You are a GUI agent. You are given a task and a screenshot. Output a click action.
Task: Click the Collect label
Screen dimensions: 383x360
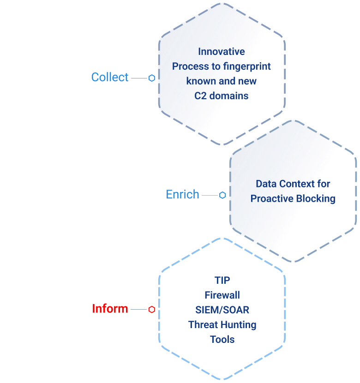[x=110, y=78]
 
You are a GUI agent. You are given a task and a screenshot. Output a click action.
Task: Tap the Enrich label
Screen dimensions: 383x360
[x=182, y=194]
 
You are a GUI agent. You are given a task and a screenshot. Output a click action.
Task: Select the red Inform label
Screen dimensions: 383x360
[x=110, y=309]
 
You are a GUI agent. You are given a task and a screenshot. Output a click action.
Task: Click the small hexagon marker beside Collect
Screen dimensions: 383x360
[x=151, y=78]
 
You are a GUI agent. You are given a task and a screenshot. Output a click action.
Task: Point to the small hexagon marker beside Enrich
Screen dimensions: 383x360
[x=222, y=195]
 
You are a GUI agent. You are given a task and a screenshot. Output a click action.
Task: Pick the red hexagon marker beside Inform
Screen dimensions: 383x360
[x=151, y=310]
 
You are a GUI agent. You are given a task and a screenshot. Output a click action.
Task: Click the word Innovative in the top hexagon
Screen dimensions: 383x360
[x=222, y=52]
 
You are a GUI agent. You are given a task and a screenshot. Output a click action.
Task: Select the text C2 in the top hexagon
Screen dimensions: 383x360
[x=201, y=96]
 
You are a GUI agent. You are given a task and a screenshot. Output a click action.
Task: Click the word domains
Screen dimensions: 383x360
[x=229, y=96]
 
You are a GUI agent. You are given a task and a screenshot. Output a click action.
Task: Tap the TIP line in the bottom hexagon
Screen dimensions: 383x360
[x=222, y=281]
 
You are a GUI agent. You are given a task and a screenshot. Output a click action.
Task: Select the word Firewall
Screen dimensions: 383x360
[x=222, y=295]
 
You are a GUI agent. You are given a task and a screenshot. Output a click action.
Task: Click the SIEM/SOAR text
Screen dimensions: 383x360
[x=222, y=310]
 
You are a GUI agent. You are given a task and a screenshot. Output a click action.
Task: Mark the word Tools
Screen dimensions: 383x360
[x=222, y=340]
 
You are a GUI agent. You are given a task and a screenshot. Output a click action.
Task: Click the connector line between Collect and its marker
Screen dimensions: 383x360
[x=138, y=78]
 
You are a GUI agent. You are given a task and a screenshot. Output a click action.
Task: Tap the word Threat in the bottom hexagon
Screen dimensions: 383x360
[x=203, y=325]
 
